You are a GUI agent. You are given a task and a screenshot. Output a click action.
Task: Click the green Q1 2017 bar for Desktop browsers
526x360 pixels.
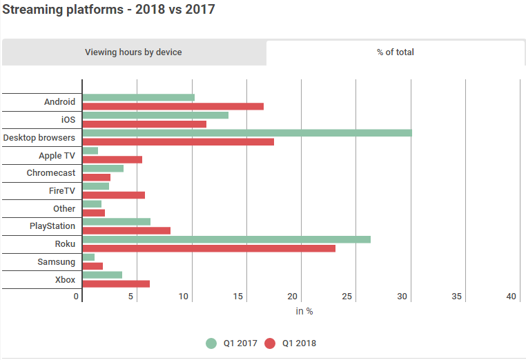click(x=247, y=133)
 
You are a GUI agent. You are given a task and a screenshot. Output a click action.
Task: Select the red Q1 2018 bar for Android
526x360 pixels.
click(x=173, y=106)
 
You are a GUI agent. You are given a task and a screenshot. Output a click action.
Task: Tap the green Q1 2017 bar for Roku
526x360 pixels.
click(x=227, y=239)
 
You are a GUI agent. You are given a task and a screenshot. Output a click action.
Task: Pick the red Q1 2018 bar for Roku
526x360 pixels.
click(x=209, y=248)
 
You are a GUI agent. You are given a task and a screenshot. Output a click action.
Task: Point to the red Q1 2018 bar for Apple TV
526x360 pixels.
click(x=113, y=159)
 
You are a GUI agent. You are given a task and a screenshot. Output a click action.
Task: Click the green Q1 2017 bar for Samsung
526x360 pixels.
click(x=88, y=257)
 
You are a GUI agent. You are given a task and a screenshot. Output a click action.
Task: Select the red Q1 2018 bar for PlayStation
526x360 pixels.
click(x=126, y=230)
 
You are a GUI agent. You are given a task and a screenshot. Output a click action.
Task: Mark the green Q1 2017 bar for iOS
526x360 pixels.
click(x=155, y=115)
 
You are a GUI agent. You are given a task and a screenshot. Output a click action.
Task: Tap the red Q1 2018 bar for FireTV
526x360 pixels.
click(x=114, y=195)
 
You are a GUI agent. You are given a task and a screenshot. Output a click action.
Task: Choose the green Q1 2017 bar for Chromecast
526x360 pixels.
click(x=103, y=168)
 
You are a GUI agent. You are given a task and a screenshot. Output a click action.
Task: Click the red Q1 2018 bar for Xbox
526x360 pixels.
click(x=116, y=284)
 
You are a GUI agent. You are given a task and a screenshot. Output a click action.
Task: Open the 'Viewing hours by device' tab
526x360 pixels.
click(x=134, y=52)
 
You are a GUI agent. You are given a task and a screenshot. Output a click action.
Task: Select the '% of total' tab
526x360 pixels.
click(x=396, y=52)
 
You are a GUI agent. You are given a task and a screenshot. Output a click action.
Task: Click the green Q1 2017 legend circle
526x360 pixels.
click(x=211, y=343)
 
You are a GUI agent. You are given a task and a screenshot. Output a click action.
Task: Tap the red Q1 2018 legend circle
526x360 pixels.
click(x=270, y=343)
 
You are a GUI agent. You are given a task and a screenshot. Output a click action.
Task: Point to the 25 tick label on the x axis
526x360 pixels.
click(x=347, y=297)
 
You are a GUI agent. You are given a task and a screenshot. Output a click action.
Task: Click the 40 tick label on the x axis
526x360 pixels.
click(x=512, y=297)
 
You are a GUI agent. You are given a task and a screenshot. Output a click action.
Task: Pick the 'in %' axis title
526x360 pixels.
click(x=304, y=312)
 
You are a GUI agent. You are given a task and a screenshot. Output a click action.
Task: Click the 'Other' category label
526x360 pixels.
click(x=64, y=208)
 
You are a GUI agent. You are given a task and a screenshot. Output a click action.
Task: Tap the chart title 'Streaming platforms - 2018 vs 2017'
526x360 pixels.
click(x=108, y=10)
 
